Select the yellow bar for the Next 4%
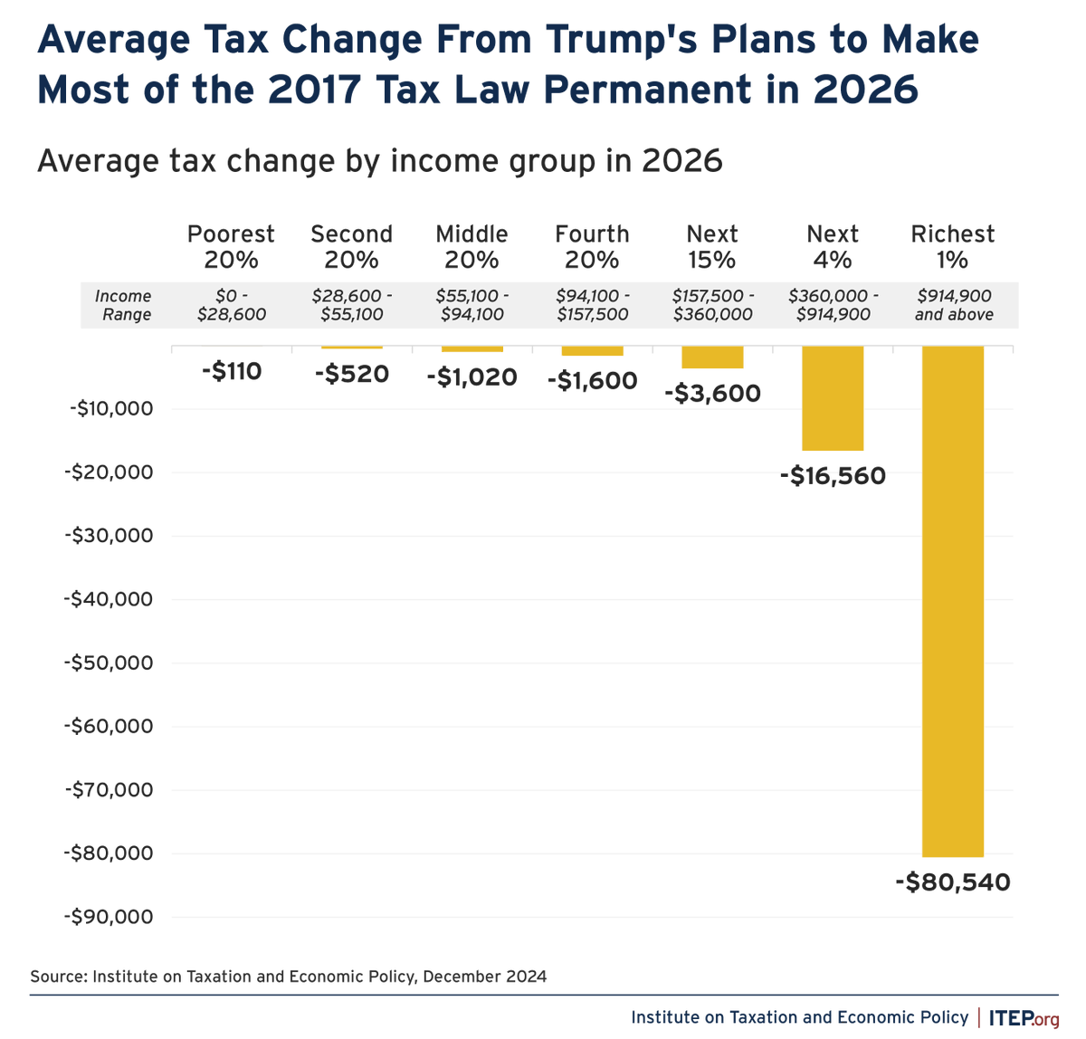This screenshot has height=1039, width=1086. coord(833,398)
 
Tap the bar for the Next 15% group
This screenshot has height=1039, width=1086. coord(712,357)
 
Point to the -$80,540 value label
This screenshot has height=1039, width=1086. coord(952,882)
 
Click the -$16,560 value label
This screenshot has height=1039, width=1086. coord(833,476)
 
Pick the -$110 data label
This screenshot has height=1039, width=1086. coord(231,371)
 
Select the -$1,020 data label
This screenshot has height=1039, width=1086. coord(472,377)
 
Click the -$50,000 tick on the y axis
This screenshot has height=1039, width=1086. coord(110,662)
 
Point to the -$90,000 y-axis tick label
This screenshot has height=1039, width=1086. coord(110,917)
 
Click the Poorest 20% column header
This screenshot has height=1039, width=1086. coord(231,247)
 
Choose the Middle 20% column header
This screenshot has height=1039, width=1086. coord(472,247)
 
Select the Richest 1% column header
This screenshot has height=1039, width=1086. coord(952,247)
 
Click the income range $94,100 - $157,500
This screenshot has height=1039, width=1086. coord(592,305)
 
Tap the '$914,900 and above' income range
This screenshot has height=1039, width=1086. coord(953,305)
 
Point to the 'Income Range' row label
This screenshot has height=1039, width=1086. coord(124,305)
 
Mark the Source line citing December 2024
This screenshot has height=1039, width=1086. coord(288,977)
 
